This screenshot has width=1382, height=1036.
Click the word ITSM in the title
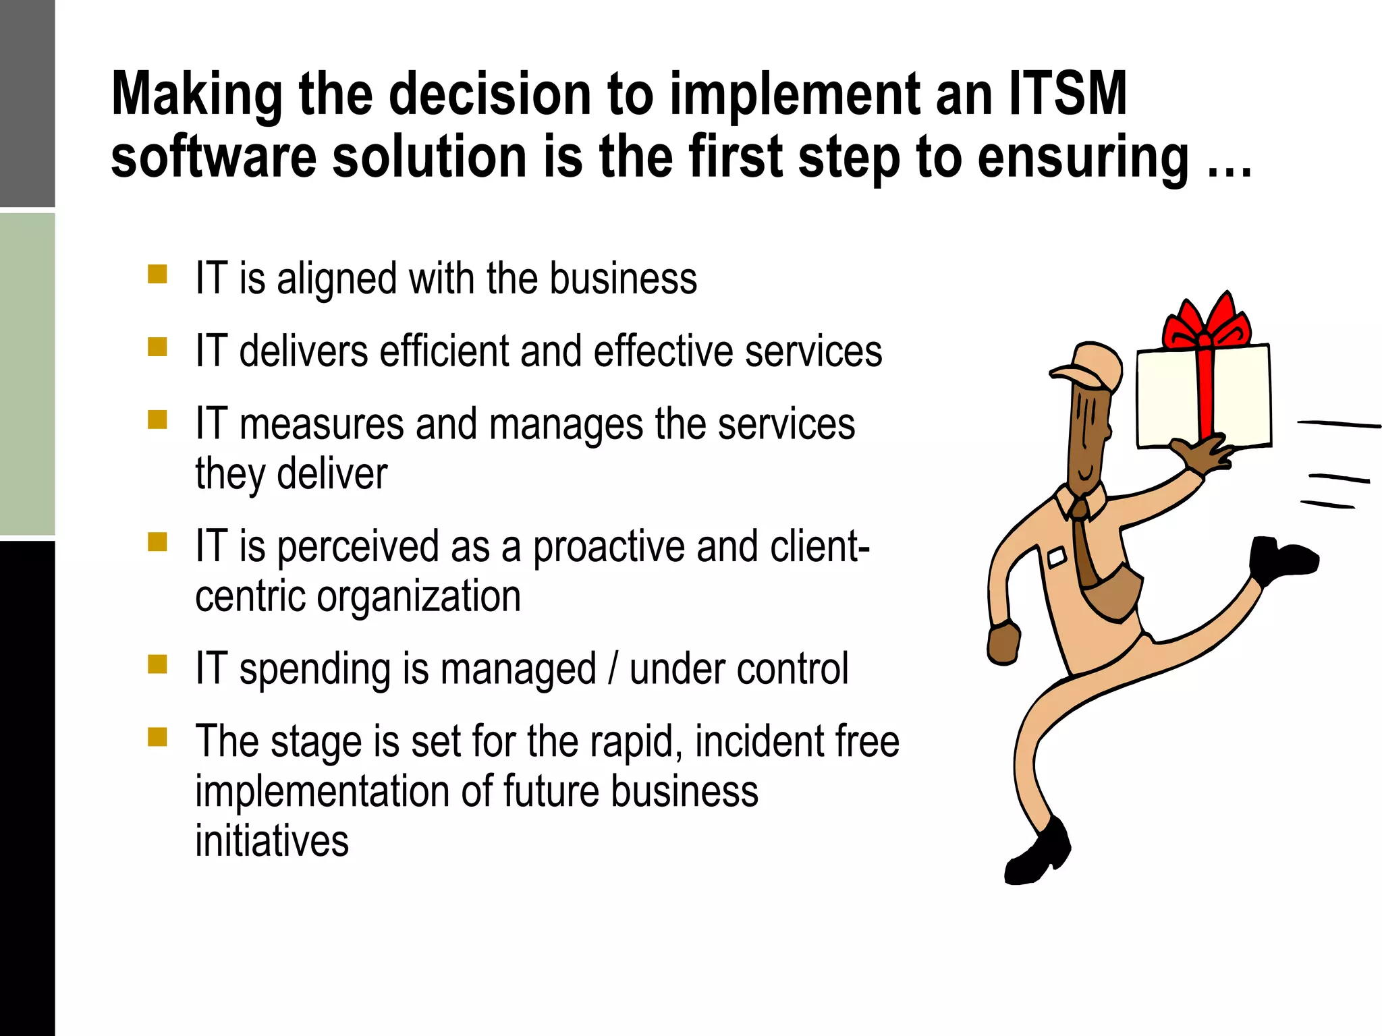(x=1068, y=94)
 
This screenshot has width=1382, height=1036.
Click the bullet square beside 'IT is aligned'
(x=157, y=275)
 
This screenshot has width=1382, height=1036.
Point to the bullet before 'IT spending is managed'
(x=157, y=664)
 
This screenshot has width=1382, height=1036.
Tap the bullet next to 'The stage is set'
(x=157, y=737)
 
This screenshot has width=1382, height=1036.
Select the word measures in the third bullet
(x=321, y=425)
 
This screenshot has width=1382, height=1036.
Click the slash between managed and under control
(x=613, y=668)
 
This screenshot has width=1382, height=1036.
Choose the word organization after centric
(x=418, y=597)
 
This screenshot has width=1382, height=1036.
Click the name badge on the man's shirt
(x=1056, y=557)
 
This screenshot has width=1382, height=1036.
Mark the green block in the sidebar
(x=27, y=374)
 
